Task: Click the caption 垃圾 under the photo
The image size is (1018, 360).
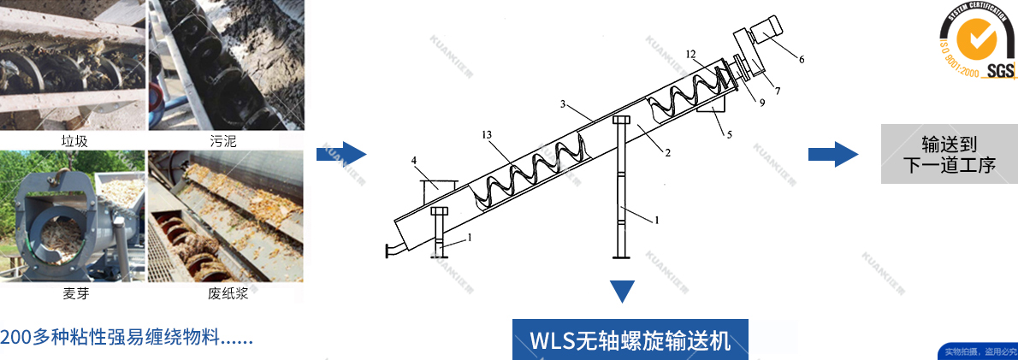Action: tap(75, 141)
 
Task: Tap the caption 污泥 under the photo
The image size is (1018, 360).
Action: tap(223, 141)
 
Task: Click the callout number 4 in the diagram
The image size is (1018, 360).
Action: tap(414, 160)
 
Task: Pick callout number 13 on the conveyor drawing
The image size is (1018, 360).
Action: tap(487, 135)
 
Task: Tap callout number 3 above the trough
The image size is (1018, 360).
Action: tap(564, 103)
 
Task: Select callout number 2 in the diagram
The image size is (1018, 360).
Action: tap(667, 153)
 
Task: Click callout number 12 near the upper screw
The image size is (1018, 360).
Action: tap(690, 54)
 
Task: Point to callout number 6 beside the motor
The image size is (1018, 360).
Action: tap(802, 60)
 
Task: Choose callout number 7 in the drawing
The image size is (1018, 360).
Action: tap(778, 90)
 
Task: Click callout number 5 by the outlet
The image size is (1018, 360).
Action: tap(729, 135)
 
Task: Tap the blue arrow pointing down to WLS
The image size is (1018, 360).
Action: tap(624, 292)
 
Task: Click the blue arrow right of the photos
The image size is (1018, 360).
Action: tap(340, 155)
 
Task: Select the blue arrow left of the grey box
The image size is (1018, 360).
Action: tap(832, 155)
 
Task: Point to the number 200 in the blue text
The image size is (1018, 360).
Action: tap(15, 336)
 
